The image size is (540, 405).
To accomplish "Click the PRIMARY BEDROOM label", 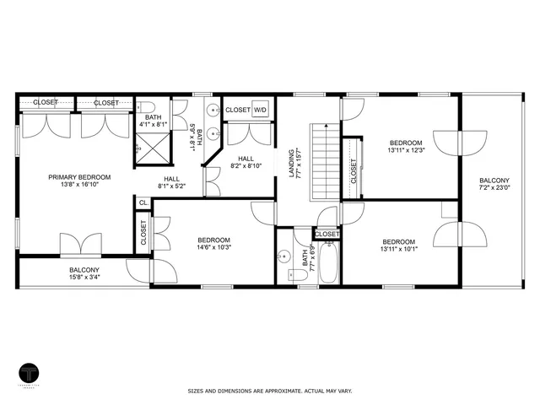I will pos(74,177).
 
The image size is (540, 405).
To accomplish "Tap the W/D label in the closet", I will pos(261,110).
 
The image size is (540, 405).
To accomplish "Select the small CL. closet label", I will pos(143,203).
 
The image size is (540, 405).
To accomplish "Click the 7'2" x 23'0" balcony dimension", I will pos(494,189).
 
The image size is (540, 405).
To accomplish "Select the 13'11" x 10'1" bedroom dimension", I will pos(398,248).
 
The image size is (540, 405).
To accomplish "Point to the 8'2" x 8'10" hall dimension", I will pos(246,166).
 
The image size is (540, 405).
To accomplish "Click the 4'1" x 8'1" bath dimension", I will pos(154,124).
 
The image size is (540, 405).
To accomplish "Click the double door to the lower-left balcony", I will pos(81,246).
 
